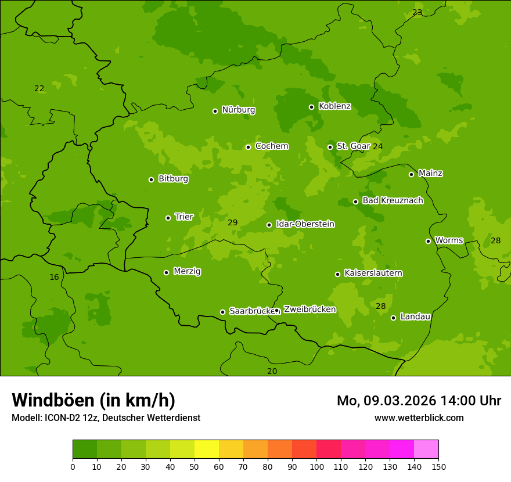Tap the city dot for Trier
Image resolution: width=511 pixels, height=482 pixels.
168,218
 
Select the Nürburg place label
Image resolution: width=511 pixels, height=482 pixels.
238,110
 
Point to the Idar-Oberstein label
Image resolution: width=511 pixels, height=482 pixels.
305,224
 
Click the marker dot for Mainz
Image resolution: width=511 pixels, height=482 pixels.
411,174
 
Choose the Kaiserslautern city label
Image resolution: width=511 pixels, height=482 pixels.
373,273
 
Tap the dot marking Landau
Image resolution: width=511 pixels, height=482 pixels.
393,318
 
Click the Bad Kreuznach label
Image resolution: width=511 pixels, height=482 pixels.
393,200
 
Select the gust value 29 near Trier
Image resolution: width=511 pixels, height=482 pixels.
233,222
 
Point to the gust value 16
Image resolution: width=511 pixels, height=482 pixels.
54,277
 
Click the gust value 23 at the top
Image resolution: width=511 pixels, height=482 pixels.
418,12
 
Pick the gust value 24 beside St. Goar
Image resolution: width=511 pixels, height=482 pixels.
378,146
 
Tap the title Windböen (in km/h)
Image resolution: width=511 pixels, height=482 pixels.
93,400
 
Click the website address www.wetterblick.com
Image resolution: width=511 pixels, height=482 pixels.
419,418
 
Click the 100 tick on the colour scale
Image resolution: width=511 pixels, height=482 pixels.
316,466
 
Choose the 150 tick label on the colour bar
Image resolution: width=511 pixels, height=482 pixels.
438,466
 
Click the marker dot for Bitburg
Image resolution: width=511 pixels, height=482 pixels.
151,179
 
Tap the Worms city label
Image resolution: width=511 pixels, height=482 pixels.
448,240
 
